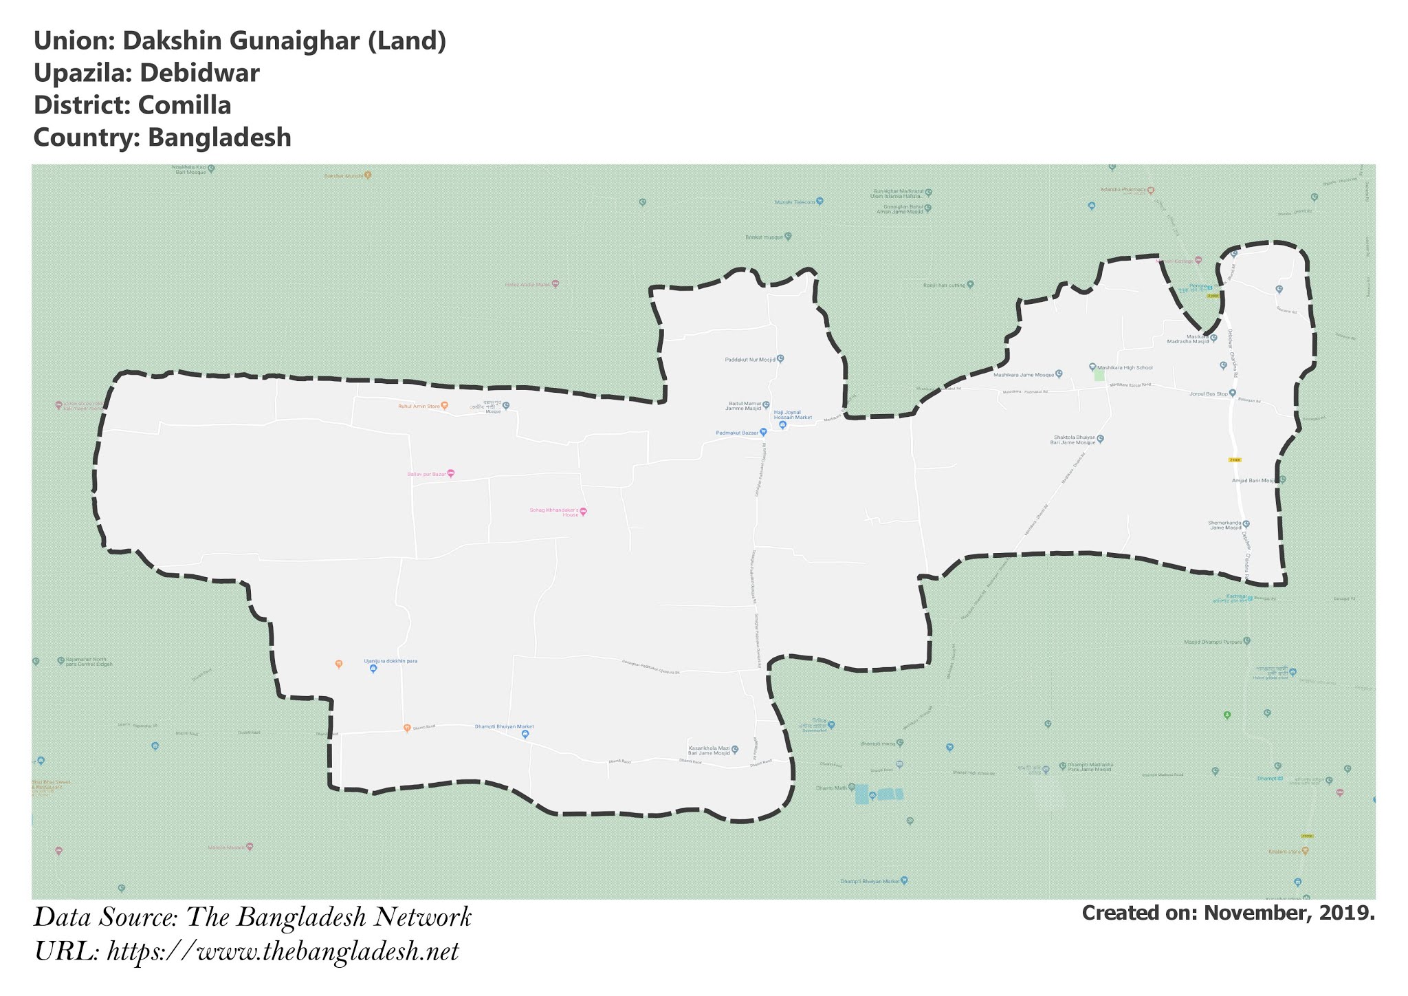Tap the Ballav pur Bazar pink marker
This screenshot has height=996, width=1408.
(x=451, y=473)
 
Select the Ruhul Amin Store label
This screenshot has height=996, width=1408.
(x=419, y=407)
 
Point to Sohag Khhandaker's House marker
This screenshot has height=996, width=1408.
(x=584, y=512)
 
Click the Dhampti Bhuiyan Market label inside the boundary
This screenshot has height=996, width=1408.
(x=504, y=726)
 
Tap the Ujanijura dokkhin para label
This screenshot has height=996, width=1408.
(x=390, y=661)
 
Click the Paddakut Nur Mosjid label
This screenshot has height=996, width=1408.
(x=749, y=359)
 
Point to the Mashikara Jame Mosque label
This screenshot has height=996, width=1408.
(x=1023, y=375)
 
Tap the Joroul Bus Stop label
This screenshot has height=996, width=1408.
(x=1208, y=393)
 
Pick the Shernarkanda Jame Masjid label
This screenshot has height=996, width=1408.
(x=1224, y=526)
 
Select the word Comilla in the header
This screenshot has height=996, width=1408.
(x=184, y=105)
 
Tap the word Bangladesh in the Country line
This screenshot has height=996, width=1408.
(x=219, y=138)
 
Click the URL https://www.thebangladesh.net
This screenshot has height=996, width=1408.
(x=283, y=953)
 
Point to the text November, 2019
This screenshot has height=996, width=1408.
(x=1289, y=913)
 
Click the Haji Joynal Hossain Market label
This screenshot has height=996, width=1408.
(x=792, y=415)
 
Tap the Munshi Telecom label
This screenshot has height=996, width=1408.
(x=794, y=202)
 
